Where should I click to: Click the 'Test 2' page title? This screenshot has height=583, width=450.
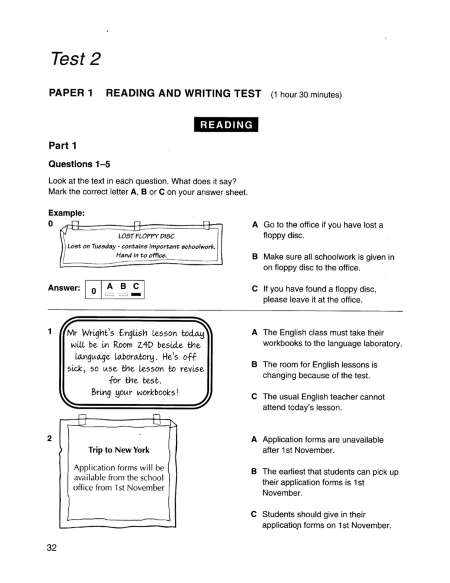pos(75,59)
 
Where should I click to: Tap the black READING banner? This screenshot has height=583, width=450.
pos(226,125)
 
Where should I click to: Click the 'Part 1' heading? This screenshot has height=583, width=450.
pos(62,146)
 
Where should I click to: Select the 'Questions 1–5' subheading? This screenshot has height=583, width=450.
pos(79,164)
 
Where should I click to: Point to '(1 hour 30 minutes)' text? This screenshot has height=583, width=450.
pos(306,95)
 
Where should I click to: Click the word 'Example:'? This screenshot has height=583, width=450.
pos(66,213)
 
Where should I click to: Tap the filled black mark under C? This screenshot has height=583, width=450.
pos(136,295)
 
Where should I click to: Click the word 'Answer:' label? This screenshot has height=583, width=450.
pos(64,288)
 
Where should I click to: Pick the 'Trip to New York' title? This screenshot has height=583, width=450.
pos(118,449)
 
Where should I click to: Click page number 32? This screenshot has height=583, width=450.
pos(51,548)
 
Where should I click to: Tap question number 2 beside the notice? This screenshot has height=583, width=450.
pos(49,438)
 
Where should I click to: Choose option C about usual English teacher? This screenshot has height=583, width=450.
pos(323,402)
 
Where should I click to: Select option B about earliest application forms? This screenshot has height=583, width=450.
pos(330,482)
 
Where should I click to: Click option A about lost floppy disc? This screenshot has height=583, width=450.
pos(322,230)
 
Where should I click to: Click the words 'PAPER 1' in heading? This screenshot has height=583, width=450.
pos(71,93)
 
